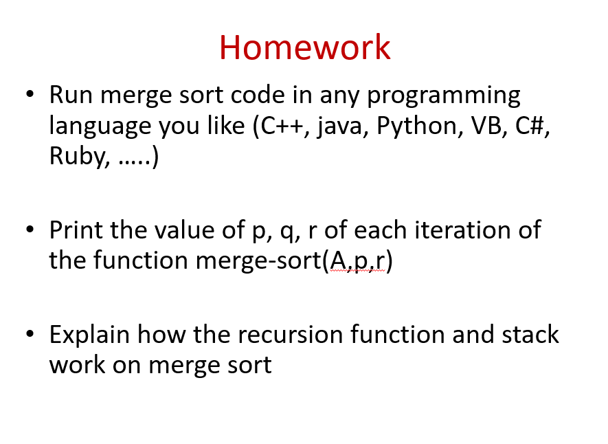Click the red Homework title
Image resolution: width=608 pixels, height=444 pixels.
pyautogui.click(x=305, y=47)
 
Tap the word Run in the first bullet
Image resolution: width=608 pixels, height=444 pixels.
pyautogui.click(x=71, y=95)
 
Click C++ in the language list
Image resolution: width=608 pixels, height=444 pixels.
pyautogui.click(x=282, y=126)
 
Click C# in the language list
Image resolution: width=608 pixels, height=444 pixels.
pyautogui.click(x=532, y=126)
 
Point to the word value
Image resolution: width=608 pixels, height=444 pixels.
pyautogui.click(x=184, y=230)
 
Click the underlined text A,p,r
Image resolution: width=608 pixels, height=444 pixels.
pyautogui.click(x=357, y=261)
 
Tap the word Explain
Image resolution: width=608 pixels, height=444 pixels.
pyautogui.click(x=89, y=335)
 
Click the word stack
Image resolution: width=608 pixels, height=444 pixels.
pyautogui.click(x=530, y=334)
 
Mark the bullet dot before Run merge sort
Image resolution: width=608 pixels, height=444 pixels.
pyautogui.click(x=30, y=94)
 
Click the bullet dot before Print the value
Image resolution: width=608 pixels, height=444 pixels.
pyautogui.click(x=30, y=229)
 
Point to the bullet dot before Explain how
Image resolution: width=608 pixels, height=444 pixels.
pyautogui.click(x=30, y=334)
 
